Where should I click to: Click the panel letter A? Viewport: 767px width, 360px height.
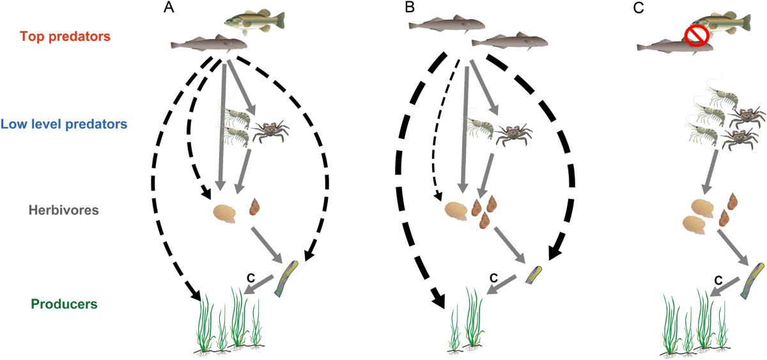(169, 8)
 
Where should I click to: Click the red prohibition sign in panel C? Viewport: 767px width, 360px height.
(697, 38)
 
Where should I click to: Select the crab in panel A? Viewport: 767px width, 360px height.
(268, 131)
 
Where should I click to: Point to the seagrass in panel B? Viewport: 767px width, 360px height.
(466, 320)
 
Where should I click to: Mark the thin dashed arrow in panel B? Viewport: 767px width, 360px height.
(445, 128)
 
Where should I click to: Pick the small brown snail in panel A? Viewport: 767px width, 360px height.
(254, 207)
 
